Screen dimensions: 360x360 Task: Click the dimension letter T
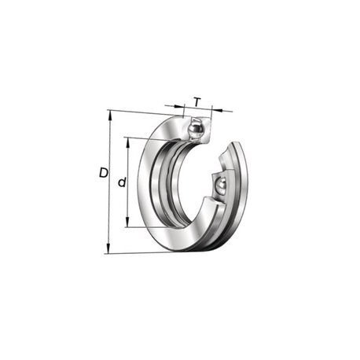pos(197,102)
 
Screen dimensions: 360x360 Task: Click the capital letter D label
pos(104,173)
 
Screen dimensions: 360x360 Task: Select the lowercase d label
pos(122,182)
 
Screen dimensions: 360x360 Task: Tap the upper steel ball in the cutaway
pos(196,130)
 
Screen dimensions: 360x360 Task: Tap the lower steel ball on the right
pos(221,186)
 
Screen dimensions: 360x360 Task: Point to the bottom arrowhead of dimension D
pos(108,248)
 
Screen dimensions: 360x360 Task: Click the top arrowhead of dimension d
pos(128,142)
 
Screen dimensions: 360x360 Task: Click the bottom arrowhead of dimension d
pos(127,222)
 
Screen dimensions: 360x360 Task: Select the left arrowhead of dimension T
pos(179,106)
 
